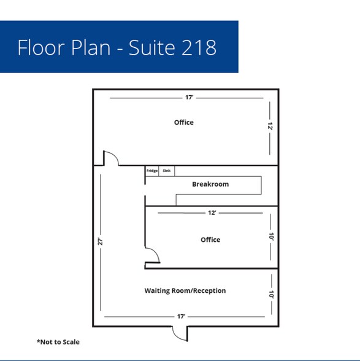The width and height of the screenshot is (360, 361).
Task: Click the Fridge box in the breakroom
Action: tap(152, 171)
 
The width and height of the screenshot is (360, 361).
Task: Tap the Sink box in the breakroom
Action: tap(167, 171)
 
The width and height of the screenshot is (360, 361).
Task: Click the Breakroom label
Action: tap(210, 184)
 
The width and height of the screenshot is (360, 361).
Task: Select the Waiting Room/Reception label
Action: tap(185, 290)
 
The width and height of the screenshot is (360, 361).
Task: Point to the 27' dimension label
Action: tap(101, 242)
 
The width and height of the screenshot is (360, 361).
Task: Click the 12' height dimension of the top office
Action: tap(270, 126)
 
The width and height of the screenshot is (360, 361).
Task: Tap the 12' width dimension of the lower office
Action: tap(212, 212)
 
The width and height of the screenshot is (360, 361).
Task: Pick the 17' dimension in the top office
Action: tap(190, 98)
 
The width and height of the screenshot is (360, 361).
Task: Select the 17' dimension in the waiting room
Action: tap(181, 317)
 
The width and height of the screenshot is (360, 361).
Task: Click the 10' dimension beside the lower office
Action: tap(271, 237)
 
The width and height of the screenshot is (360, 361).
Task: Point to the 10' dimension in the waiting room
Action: tap(272, 295)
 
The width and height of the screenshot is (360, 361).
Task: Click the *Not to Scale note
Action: tap(58, 342)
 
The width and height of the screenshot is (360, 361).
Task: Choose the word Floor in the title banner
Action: tap(41, 47)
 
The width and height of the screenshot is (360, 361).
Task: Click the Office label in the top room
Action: tap(184, 122)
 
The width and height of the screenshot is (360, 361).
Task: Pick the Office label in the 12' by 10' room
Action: tap(210, 239)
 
